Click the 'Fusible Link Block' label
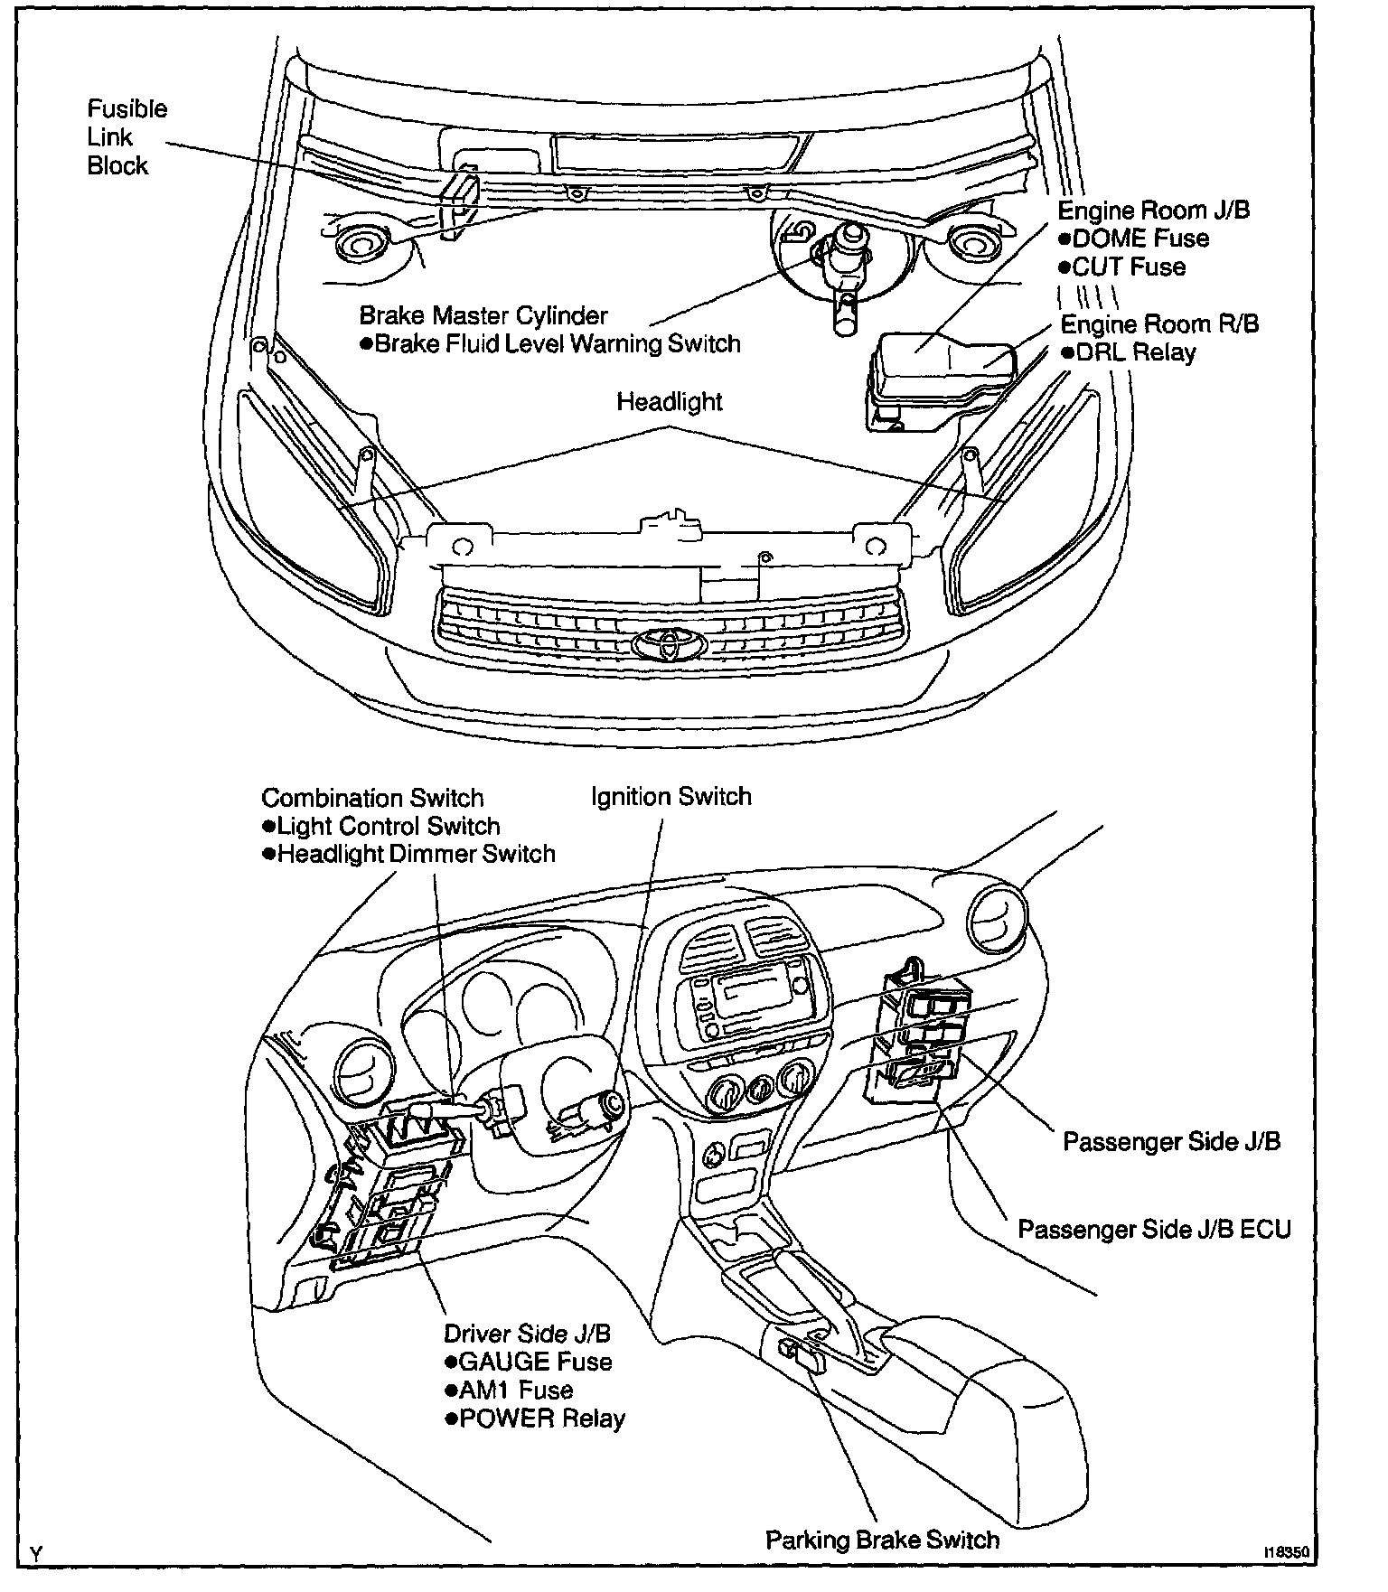tap(127, 137)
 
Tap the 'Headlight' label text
tap(669, 401)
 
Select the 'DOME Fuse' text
tap(1140, 239)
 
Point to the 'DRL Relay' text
tap(1135, 352)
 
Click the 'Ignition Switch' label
tap(671, 797)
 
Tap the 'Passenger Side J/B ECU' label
tap(1154, 1230)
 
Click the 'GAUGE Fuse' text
tap(534, 1362)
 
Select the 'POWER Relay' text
tap(540, 1419)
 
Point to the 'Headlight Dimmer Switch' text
tap(415, 854)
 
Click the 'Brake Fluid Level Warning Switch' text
tap(557, 344)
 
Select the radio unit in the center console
tap(754, 998)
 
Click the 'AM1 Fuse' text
tap(515, 1391)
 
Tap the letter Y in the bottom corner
tap(35, 1554)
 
